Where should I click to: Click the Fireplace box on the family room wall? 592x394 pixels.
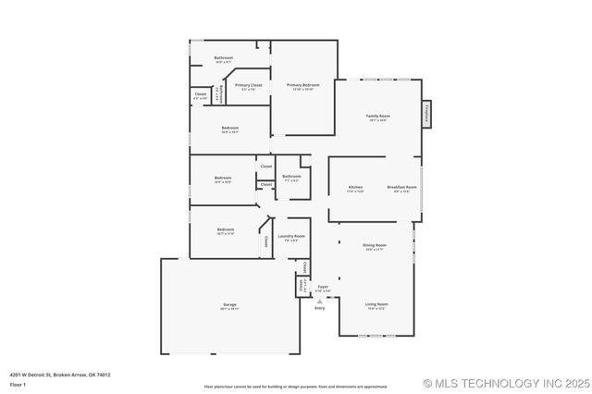pyautogui.click(x=426, y=113)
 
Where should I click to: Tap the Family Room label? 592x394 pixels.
pyautogui.click(x=378, y=117)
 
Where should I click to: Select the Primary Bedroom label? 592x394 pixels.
pyautogui.click(x=302, y=85)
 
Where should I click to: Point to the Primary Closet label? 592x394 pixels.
pyautogui.click(x=248, y=85)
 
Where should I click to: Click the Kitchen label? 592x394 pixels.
pyautogui.click(x=355, y=188)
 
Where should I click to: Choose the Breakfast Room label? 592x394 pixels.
pyautogui.click(x=401, y=188)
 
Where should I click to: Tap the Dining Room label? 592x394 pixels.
pyautogui.click(x=375, y=245)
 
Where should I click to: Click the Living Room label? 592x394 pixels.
pyautogui.click(x=376, y=304)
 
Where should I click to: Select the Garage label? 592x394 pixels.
pyautogui.click(x=229, y=305)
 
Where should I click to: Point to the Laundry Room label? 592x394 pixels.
pyautogui.click(x=291, y=237)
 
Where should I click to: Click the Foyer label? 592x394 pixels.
pyautogui.click(x=323, y=288)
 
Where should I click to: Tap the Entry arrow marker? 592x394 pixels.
pyautogui.click(x=320, y=300)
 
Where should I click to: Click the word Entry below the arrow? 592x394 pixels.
pyautogui.click(x=320, y=308)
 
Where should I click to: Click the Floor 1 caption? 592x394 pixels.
pyautogui.click(x=18, y=383)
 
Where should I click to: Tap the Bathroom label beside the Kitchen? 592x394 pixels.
pyautogui.click(x=291, y=177)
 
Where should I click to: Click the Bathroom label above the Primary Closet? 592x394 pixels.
pyautogui.click(x=223, y=58)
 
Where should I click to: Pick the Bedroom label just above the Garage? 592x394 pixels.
pyautogui.click(x=226, y=229)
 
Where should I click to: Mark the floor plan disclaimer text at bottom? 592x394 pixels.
pyautogui.click(x=296, y=387)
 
